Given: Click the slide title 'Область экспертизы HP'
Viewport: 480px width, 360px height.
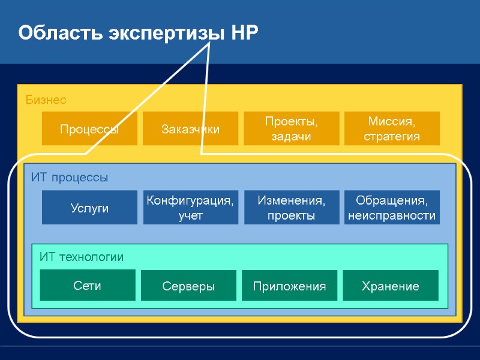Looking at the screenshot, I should [x=138, y=32].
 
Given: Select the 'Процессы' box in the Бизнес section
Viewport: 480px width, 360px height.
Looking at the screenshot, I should [x=89, y=128].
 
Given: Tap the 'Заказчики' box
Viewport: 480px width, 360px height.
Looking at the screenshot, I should [x=190, y=128].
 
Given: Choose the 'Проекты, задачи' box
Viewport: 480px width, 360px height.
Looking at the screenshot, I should [x=291, y=128].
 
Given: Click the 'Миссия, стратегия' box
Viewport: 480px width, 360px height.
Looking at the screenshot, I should [x=392, y=128].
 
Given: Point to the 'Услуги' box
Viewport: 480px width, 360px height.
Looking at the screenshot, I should [x=89, y=208].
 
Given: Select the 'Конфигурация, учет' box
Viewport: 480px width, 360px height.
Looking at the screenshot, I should [x=190, y=208].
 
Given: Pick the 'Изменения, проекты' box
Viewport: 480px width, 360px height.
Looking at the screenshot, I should [x=291, y=208].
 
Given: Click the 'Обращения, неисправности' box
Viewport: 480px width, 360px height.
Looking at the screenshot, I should [x=392, y=208].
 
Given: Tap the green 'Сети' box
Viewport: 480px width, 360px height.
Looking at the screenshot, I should [x=88, y=285].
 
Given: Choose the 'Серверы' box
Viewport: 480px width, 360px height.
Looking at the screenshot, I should [x=188, y=286].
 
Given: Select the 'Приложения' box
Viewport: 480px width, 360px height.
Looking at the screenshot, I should [x=289, y=286].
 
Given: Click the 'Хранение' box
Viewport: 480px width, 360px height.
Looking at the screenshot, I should [x=390, y=286].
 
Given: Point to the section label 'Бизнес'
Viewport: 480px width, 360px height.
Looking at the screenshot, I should [x=46, y=100].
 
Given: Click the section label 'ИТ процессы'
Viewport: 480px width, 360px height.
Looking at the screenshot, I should [x=70, y=178].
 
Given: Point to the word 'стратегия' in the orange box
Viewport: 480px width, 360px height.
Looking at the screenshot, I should [x=392, y=136].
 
